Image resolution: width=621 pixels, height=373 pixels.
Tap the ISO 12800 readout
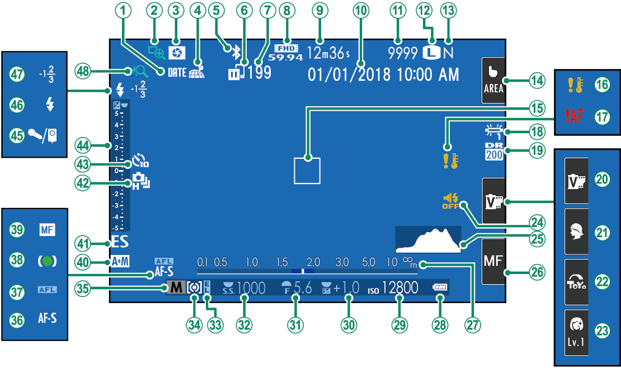tap(399, 288)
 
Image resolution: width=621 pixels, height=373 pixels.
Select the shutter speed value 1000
tap(251, 288)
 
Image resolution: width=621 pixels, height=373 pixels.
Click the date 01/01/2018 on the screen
tap(349, 74)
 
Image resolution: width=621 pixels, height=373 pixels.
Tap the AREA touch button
tap(493, 81)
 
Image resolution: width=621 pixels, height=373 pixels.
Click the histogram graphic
tap(428, 240)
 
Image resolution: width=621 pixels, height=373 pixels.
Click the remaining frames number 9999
tap(403, 53)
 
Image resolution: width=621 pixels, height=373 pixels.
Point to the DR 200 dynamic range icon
tap(494, 151)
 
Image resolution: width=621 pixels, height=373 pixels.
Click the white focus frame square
tap(307, 170)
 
